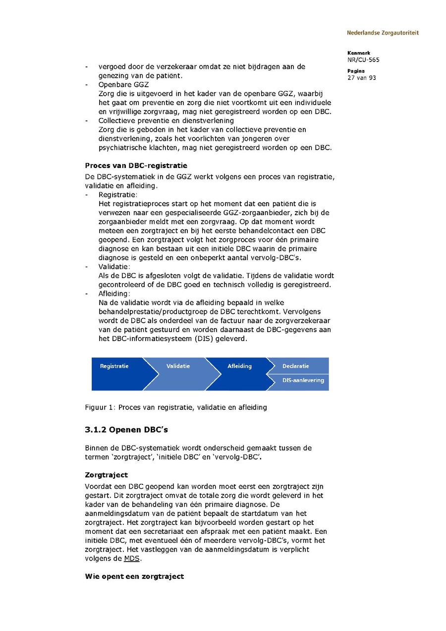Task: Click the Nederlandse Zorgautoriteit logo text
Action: pos(383,33)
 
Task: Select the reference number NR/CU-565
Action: pos(363,59)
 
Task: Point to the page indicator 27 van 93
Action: pos(361,77)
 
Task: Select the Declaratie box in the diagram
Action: pos(296,366)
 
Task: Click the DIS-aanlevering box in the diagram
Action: pos(303,381)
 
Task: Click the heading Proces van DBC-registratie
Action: pos(136,166)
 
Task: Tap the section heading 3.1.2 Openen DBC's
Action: pos(129,429)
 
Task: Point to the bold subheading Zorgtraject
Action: pos(106,475)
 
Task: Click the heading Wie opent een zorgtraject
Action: pos(134,576)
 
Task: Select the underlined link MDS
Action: pos(131,559)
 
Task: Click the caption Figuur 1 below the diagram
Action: pos(176,407)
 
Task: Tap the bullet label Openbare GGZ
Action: pos(123,85)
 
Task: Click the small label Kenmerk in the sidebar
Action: pos(358,53)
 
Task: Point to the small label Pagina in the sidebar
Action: pos(356,71)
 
